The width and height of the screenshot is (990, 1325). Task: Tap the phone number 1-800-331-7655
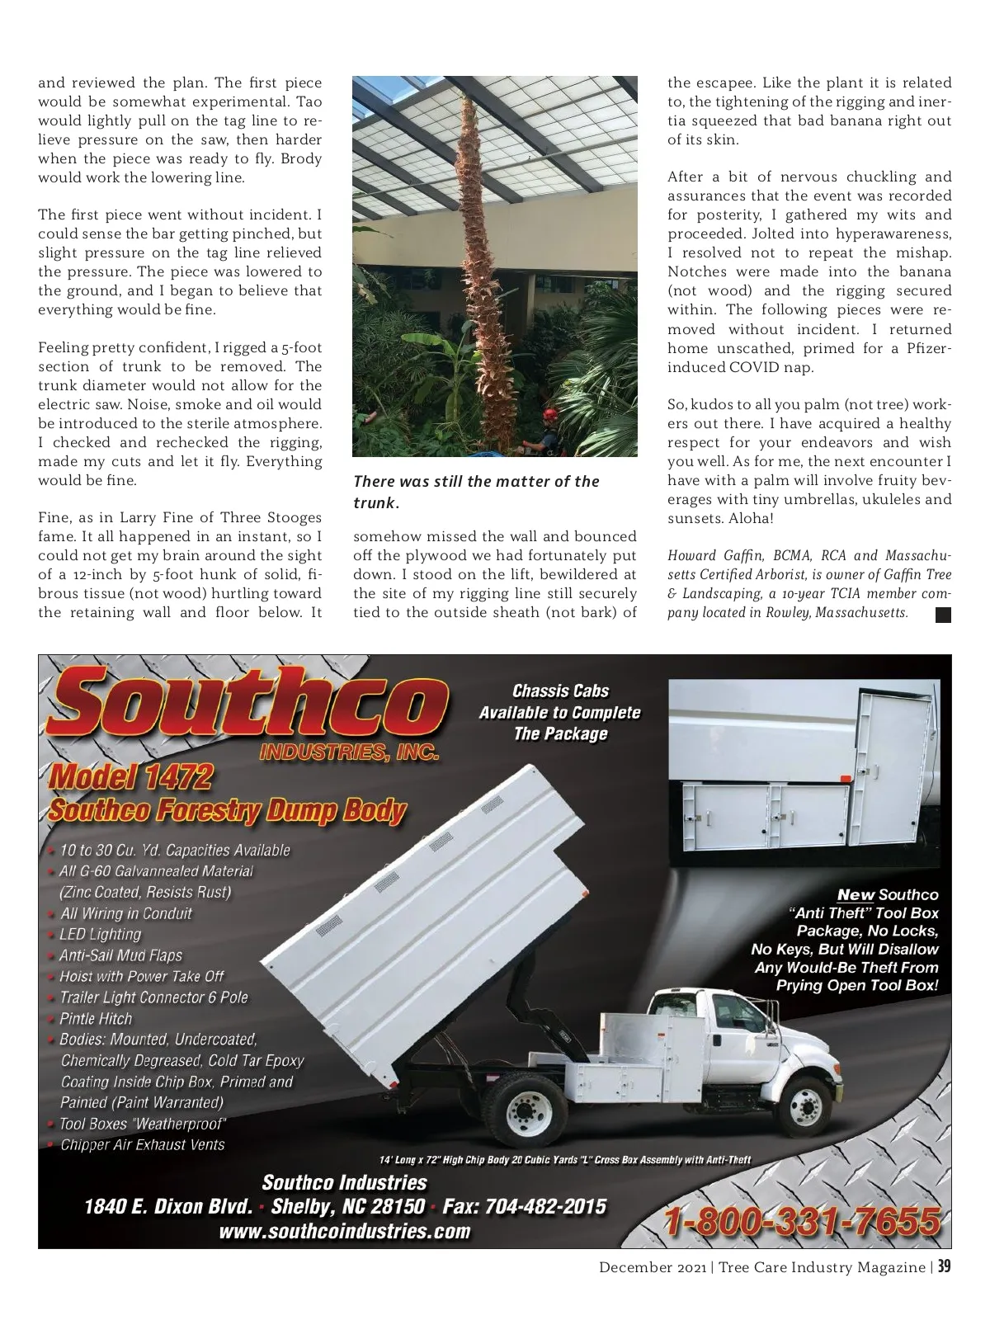coord(801,1220)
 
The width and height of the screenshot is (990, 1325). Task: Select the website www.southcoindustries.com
coord(344,1232)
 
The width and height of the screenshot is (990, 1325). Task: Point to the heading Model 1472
coord(131,776)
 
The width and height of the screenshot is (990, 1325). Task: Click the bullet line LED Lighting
coord(100,934)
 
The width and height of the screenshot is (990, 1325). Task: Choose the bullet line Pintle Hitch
coord(95,1018)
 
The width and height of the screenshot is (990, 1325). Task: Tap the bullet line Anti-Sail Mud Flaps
coord(120,955)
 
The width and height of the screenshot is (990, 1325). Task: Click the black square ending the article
coord(944,614)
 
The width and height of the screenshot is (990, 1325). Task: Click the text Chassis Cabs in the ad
coord(560,691)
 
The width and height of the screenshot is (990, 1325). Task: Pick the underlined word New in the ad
coord(856,894)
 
